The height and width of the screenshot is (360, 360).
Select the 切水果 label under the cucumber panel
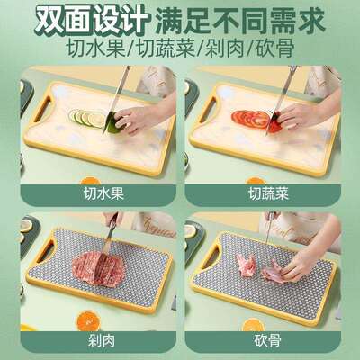95,192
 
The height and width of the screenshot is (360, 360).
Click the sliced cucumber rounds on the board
85,118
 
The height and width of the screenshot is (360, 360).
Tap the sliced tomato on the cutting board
253,117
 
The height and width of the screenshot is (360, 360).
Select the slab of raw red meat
94,268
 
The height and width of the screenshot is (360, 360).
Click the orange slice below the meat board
87,320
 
